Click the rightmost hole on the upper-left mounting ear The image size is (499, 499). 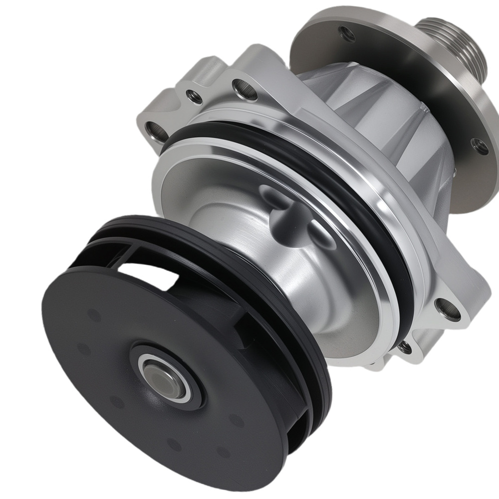coord(245,89)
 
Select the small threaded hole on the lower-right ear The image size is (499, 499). coord(405,347)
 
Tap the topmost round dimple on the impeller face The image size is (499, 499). coord(93,315)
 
